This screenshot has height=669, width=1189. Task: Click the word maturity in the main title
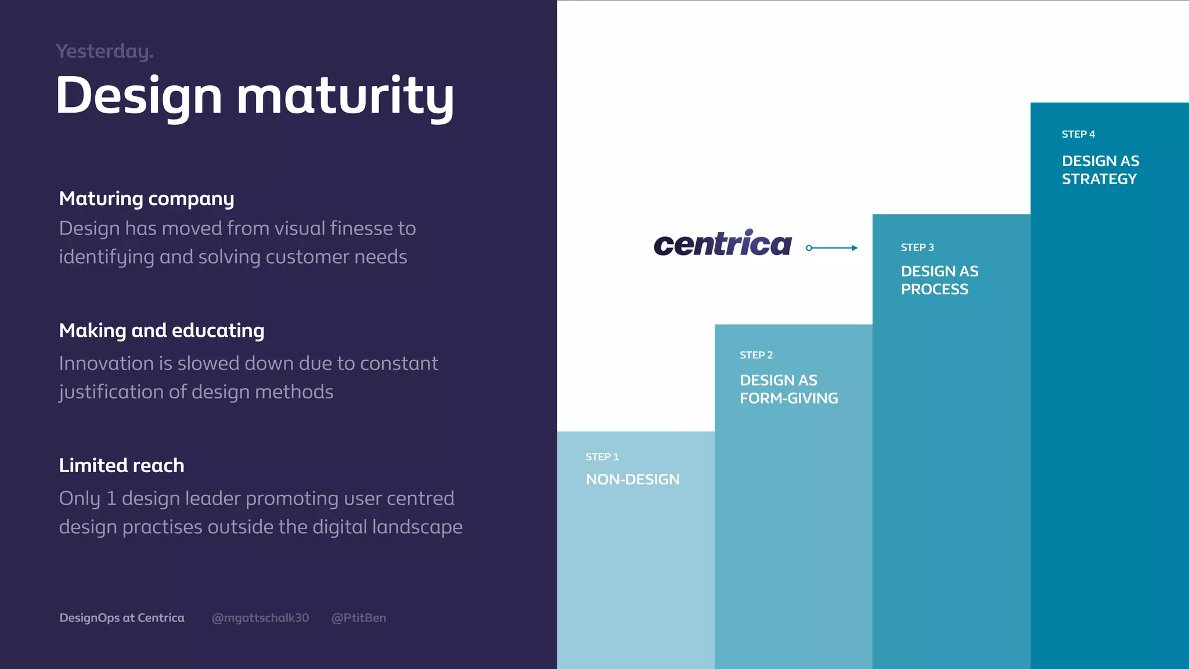(345, 96)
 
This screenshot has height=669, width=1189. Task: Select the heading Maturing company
(146, 199)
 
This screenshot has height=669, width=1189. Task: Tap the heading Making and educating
(161, 330)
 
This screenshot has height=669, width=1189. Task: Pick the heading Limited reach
(121, 465)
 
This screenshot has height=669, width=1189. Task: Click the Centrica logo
(722, 244)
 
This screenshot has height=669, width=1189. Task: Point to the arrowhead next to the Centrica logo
(855, 248)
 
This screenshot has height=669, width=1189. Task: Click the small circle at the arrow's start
(809, 248)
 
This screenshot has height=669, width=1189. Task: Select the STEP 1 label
(602, 457)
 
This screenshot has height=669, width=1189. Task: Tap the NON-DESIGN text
(632, 479)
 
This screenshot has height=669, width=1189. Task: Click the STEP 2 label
(756, 355)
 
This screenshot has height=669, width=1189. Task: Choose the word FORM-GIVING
(788, 398)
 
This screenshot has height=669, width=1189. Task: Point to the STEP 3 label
(917, 247)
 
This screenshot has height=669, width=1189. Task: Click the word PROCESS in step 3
(934, 289)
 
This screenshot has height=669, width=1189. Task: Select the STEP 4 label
(1078, 134)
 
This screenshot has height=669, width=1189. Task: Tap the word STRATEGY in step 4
(1099, 179)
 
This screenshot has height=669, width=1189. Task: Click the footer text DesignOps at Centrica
(122, 618)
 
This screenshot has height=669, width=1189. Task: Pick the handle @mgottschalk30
(260, 618)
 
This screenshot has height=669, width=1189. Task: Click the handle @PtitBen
(358, 618)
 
